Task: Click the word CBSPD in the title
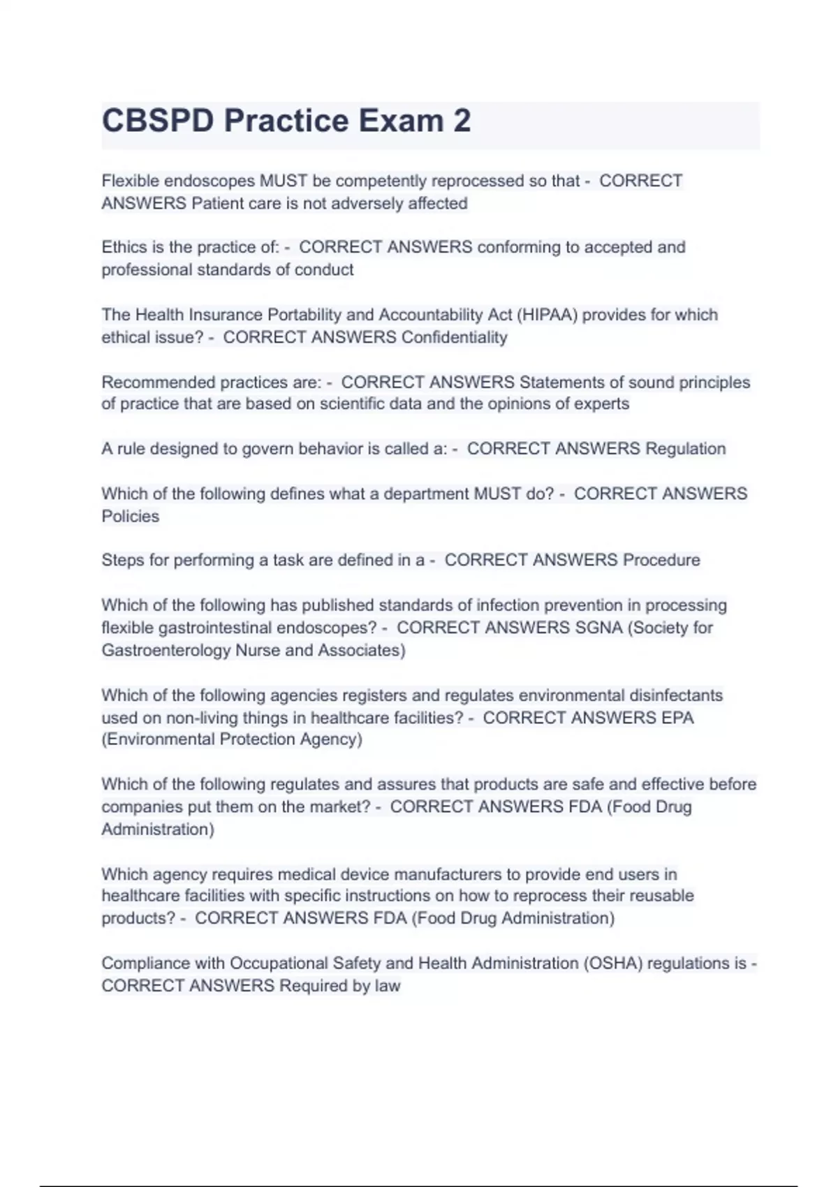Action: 158,121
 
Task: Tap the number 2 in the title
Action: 462,121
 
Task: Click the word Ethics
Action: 122,247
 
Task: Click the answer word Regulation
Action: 685,448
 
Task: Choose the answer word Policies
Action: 131,516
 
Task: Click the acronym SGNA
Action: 598,628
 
